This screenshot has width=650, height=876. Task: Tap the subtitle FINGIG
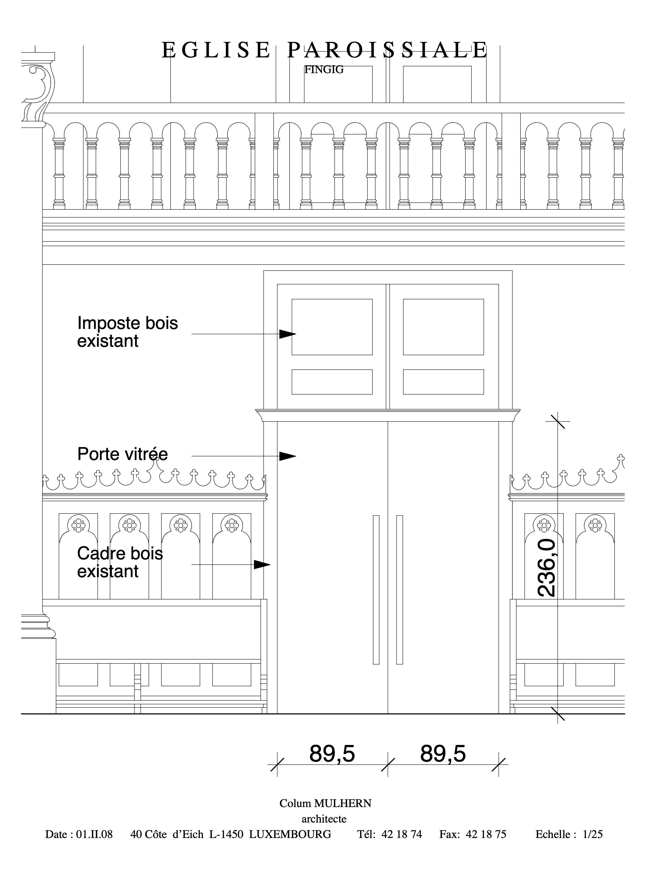[324, 70]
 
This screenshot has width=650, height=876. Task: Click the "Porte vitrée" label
[122, 454]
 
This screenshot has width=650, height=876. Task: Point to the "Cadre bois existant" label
[120, 562]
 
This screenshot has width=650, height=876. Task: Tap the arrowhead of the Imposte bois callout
[288, 334]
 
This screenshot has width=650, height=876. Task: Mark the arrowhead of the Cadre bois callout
[262, 565]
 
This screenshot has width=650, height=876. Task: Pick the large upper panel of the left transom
[332, 327]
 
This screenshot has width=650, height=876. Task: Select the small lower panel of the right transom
[443, 382]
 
